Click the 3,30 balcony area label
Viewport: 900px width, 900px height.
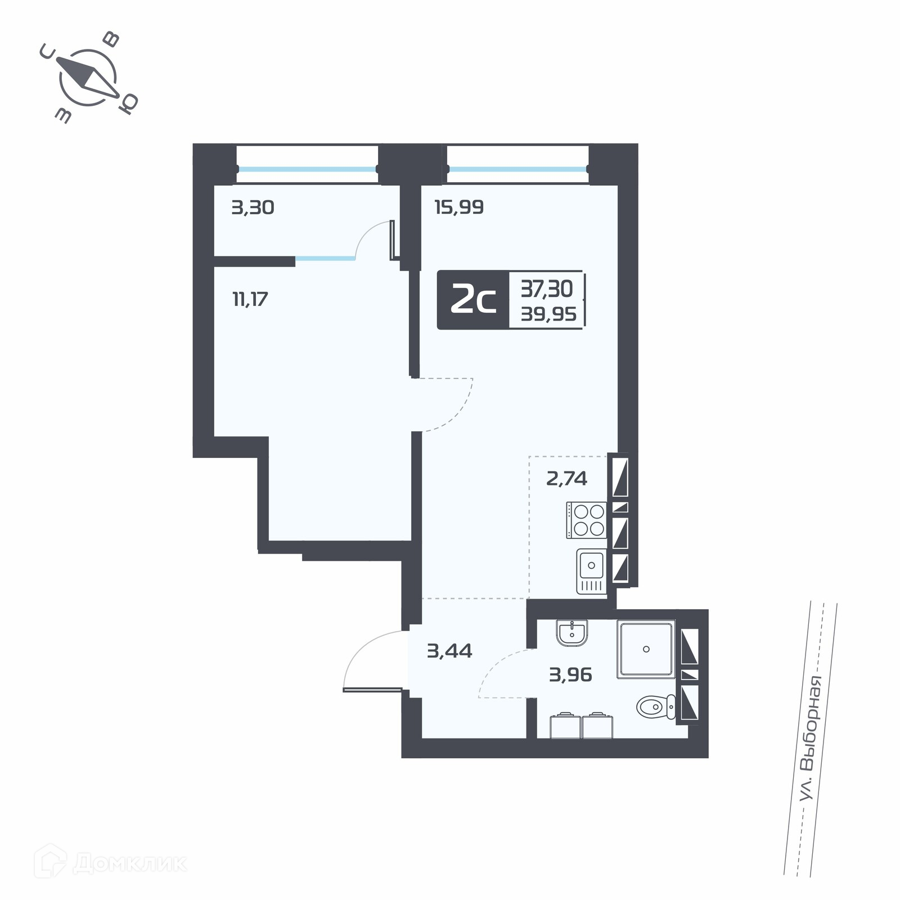tap(253, 208)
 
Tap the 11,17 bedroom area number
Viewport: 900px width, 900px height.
tap(250, 299)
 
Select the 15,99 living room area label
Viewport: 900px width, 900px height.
tap(459, 207)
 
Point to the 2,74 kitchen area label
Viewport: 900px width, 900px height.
tap(566, 479)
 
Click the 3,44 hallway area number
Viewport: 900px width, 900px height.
tap(449, 651)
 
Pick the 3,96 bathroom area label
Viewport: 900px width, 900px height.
tap(570, 674)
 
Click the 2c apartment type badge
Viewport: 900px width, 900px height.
tap(473, 300)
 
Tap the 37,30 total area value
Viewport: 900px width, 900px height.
tap(546, 289)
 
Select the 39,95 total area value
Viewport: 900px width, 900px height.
tap(548, 314)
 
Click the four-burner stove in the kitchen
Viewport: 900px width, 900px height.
tap(587, 520)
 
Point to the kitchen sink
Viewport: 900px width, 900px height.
tap(591, 571)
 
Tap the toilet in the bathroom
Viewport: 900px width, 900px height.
tap(656, 706)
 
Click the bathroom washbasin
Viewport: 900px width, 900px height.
tap(572, 633)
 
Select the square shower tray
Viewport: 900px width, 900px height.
tap(646, 649)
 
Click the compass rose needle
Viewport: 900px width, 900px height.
tap(87, 77)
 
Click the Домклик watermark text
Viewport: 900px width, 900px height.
tap(130, 864)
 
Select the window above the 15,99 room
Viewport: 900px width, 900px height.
tap(518, 168)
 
